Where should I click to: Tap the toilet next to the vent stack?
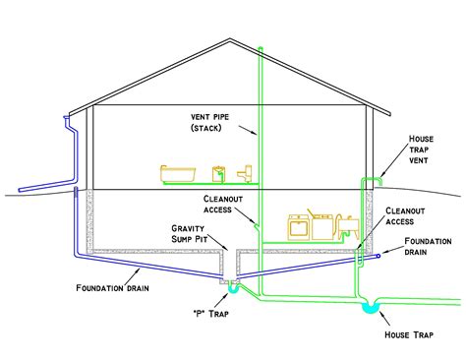coord(245,174)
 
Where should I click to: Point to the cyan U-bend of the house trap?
coord(371,308)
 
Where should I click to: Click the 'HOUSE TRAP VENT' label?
coord(426,151)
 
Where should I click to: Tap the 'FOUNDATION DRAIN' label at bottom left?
coord(109,288)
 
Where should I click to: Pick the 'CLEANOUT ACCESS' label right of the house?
coord(405,216)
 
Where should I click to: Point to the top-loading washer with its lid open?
coord(320,224)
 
